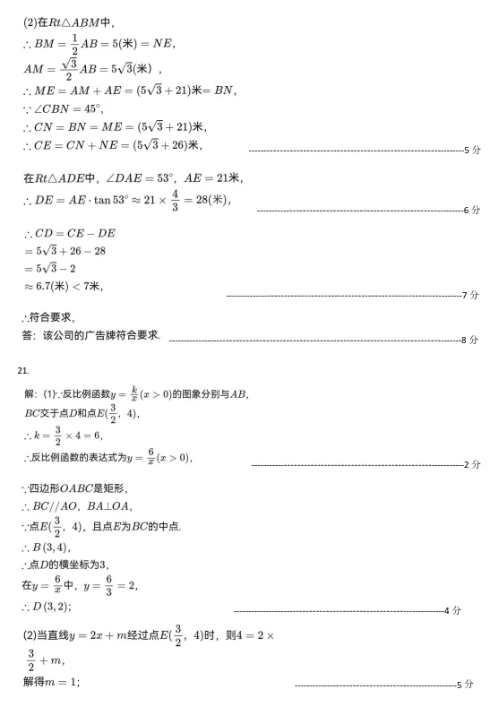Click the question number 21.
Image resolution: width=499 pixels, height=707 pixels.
point(24,368)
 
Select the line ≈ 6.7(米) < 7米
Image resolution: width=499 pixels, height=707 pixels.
point(63,287)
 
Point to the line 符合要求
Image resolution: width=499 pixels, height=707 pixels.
point(48,316)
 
